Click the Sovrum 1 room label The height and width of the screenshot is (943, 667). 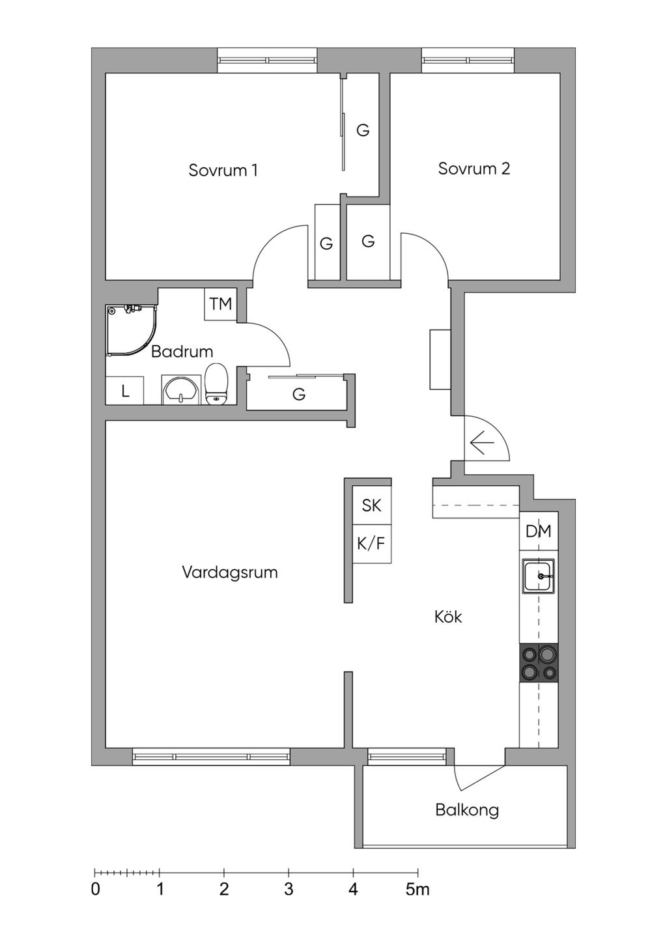[223, 170]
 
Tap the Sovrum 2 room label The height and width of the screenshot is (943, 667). [474, 169]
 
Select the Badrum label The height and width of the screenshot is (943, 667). [182, 352]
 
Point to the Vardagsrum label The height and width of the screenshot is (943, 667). [229, 572]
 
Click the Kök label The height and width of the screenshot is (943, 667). [448, 617]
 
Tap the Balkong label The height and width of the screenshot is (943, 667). [467, 810]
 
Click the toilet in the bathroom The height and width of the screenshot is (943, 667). [216, 384]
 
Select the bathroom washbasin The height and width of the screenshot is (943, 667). [180, 390]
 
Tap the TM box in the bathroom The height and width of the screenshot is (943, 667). [220, 304]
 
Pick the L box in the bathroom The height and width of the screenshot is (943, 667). [124, 391]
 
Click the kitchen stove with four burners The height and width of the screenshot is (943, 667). [539, 663]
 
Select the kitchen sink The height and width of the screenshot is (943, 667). [538, 576]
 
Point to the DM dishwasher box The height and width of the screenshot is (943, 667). [538, 531]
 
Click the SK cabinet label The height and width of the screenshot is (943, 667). [371, 505]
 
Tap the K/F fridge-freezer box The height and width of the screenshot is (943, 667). [371, 543]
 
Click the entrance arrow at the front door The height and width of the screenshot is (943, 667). [482, 444]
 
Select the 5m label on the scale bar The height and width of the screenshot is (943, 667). [418, 890]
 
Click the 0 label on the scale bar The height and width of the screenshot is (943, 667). [96, 890]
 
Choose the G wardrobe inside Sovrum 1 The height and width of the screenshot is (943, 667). [362, 130]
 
